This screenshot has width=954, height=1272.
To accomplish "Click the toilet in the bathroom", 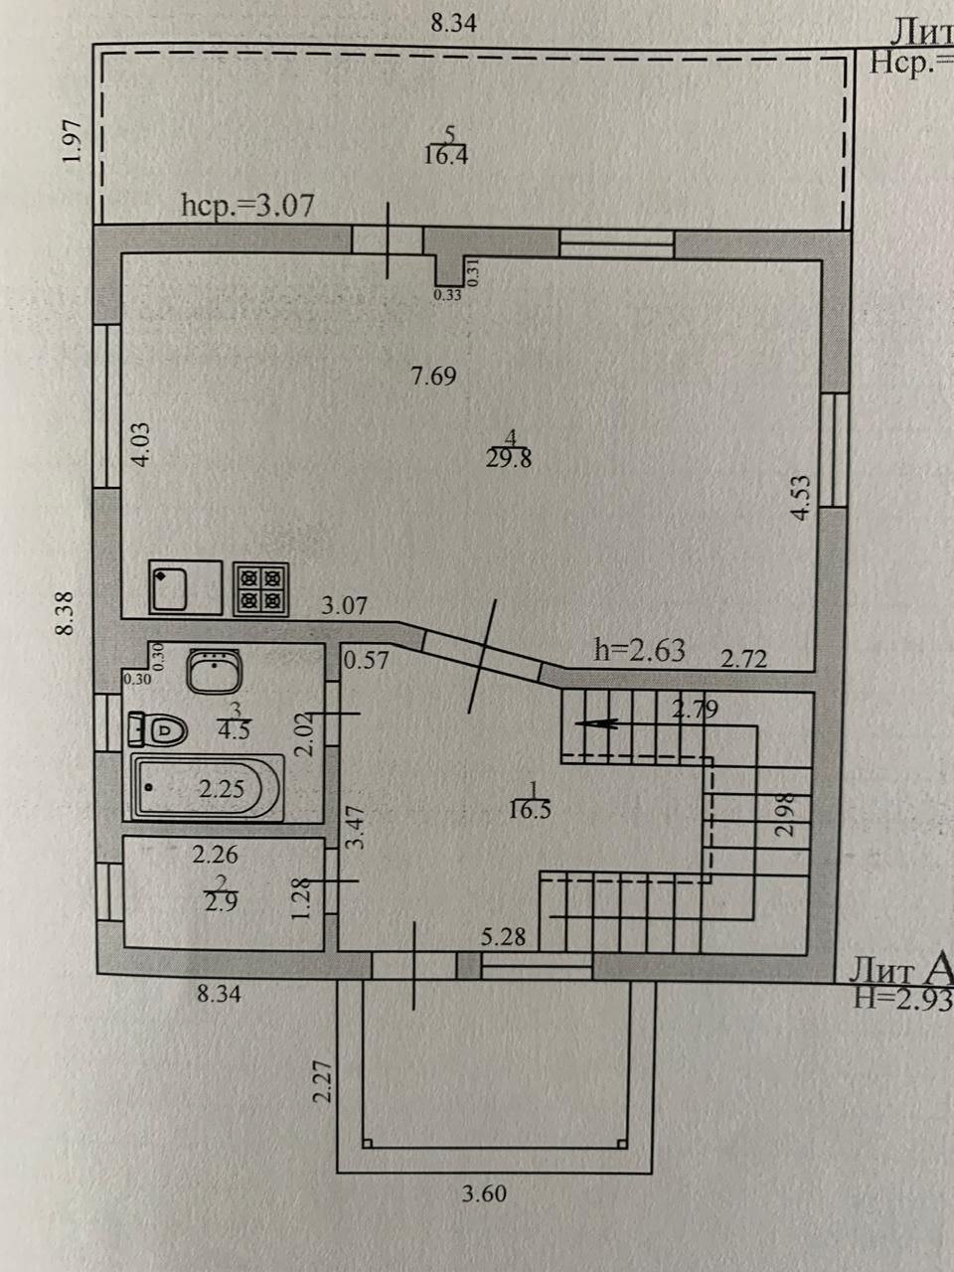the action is click(x=159, y=730).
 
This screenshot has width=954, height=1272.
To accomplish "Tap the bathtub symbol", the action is click(x=209, y=789).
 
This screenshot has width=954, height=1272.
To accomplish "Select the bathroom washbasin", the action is click(x=214, y=671).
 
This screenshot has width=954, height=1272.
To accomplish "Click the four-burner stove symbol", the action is click(x=261, y=589).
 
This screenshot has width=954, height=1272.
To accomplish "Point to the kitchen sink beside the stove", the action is click(x=185, y=588).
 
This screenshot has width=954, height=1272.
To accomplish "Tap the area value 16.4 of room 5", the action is click(x=445, y=155).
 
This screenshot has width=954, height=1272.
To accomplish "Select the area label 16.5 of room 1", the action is click(x=529, y=809).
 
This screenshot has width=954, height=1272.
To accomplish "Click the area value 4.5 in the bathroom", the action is click(x=234, y=727).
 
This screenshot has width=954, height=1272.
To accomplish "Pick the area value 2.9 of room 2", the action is click(x=221, y=902).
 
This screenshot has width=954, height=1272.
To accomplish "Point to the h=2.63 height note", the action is click(x=639, y=650).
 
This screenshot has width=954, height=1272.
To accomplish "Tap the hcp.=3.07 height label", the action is click(x=248, y=206).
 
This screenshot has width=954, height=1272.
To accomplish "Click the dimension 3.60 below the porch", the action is click(x=484, y=1193).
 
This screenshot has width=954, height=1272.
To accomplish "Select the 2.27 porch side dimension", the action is click(x=321, y=1081).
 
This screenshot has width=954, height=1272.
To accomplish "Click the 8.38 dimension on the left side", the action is click(x=66, y=613).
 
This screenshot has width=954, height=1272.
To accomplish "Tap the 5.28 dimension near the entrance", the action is click(x=503, y=936).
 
